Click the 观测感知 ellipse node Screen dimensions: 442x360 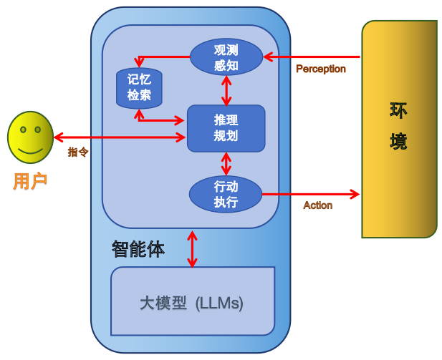click(x=226, y=57)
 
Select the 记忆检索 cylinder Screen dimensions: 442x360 click(x=139, y=88)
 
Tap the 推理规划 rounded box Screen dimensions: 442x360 click(x=226, y=128)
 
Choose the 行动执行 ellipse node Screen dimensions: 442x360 click(x=226, y=194)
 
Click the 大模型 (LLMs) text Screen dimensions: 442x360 click(x=191, y=303)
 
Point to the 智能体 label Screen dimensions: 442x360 click(x=138, y=249)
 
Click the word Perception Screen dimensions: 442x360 click(x=321, y=69)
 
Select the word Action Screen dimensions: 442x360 click(x=317, y=205)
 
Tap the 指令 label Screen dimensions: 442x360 click(x=78, y=152)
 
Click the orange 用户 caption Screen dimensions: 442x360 click(x=30, y=181)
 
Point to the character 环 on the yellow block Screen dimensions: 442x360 click(x=398, y=111)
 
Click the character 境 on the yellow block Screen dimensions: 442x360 click(x=398, y=141)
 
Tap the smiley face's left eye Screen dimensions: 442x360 click(x=23, y=130)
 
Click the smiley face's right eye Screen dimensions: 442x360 click(x=38, y=130)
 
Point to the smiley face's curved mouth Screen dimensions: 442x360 click(x=30, y=151)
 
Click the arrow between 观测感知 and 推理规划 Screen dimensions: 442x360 click(x=226, y=91)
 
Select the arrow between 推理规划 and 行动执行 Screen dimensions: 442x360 click(x=226, y=164)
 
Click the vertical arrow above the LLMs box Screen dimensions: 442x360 click(x=192, y=249)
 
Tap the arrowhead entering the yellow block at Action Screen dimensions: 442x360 click(x=355, y=194)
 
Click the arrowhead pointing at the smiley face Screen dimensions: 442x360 click(x=59, y=137)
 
